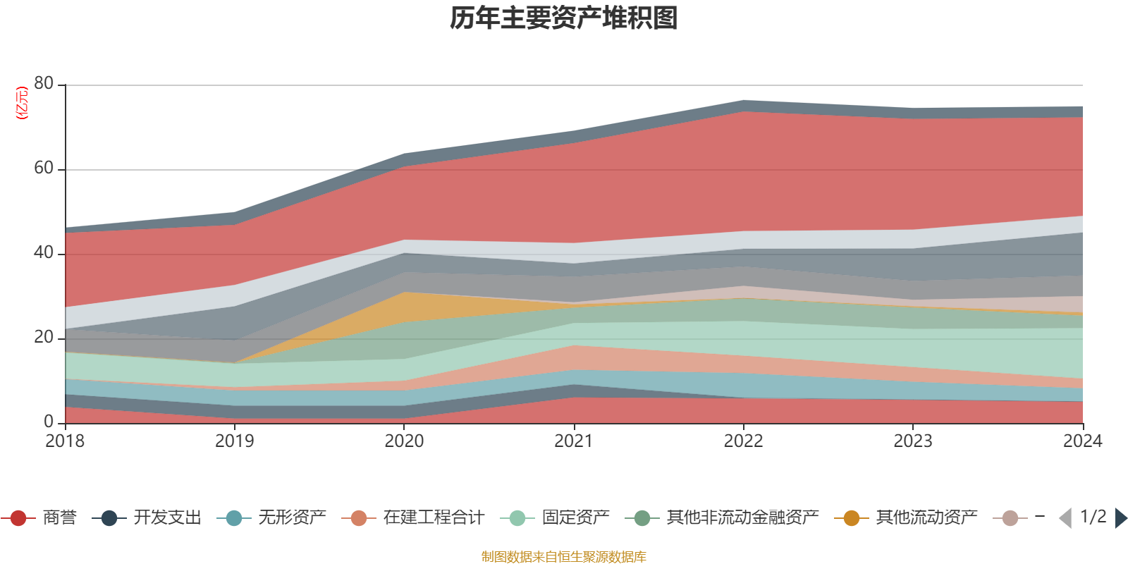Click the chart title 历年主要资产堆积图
click(x=564, y=18)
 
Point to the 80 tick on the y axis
click(x=44, y=84)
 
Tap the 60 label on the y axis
click(x=44, y=168)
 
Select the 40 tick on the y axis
click(x=44, y=253)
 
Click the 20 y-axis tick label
click(x=44, y=338)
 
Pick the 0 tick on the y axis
click(x=49, y=422)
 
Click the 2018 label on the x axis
click(x=65, y=441)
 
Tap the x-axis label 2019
click(x=234, y=441)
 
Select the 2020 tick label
click(x=404, y=441)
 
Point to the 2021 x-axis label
click(x=573, y=441)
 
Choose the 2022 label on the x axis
click(x=743, y=441)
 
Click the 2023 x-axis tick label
click(x=913, y=441)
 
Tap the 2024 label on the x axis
click(x=1082, y=441)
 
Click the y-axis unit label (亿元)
click(x=22, y=103)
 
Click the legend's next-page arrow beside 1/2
click(x=1120, y=518)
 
